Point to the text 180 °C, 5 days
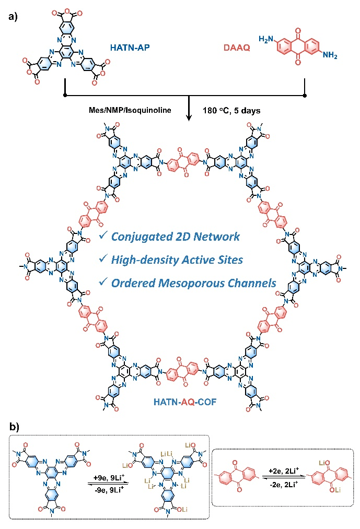(233, 109)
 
